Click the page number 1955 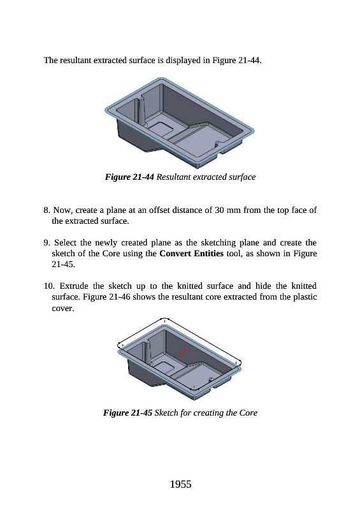180,484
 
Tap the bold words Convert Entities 191,253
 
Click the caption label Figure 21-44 129,177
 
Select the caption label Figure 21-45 128,412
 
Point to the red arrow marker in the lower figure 182,353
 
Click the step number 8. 47,210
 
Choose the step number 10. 49,286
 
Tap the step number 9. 47,243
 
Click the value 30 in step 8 219,210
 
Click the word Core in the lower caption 248,412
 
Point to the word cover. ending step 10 63,309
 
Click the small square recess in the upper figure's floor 161,129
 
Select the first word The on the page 50,60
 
